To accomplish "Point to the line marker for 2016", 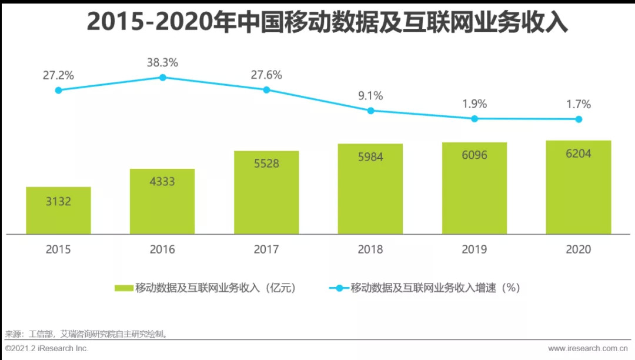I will click(163, 77).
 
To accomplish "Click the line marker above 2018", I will click(370, 111).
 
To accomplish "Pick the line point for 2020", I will click(579, 119).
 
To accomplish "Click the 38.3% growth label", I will click(163, 62).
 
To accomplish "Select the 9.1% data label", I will click(370, 95).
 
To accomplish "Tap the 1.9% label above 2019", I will click(474, 104).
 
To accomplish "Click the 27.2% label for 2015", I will click(58, 75).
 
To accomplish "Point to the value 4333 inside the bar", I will click(162, 182).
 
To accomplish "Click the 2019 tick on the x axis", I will click(474, 249).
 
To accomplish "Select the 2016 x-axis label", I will click(162, 249).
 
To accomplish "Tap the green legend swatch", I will click(123, 288).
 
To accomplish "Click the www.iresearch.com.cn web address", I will click(589, 349).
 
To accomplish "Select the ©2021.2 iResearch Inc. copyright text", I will click(46, 349).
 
